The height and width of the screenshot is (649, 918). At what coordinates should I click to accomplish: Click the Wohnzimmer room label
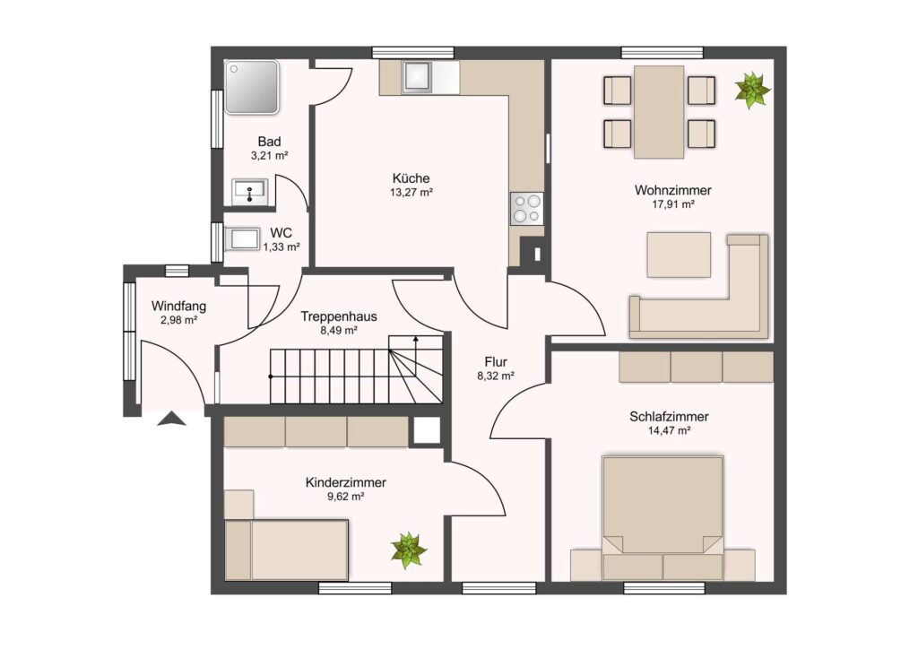tap(672, 190)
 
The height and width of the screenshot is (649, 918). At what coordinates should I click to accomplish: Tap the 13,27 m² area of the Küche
tap(411, 192)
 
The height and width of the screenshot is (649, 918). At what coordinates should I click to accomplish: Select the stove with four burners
tap(526, 209)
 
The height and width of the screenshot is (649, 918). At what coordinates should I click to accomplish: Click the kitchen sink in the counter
tap(418, 76)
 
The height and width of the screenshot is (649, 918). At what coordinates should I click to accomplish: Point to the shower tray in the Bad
tap(252, 87)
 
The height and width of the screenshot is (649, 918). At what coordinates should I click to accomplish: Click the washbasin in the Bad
tap(251, 190)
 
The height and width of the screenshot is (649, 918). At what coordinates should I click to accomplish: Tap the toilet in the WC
tap(242, 238)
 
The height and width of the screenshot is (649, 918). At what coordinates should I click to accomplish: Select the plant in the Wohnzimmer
tap(752, 90)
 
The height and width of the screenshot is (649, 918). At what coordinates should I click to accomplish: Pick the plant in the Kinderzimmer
tap(409, 550)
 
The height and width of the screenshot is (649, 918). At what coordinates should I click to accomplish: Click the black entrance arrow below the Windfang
tap(171, 419)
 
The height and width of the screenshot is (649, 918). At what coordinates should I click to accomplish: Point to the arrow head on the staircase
tap(416, 338)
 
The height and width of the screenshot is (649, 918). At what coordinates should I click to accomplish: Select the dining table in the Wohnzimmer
tap(659, 111)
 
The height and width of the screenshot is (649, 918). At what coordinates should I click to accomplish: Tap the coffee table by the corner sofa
tap(679, 255)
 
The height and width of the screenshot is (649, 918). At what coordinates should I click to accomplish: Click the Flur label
tap(496, 361)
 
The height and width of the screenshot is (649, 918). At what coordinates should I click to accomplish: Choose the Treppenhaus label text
tap(339, 316)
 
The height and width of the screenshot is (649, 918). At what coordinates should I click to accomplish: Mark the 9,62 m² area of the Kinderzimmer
tap(345, 497)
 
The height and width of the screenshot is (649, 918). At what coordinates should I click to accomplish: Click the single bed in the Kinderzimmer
tap(287, 549)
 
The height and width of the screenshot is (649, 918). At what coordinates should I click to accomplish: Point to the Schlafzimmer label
tap(669, 417)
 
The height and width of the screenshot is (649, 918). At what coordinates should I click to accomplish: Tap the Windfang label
tap(178, 306)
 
